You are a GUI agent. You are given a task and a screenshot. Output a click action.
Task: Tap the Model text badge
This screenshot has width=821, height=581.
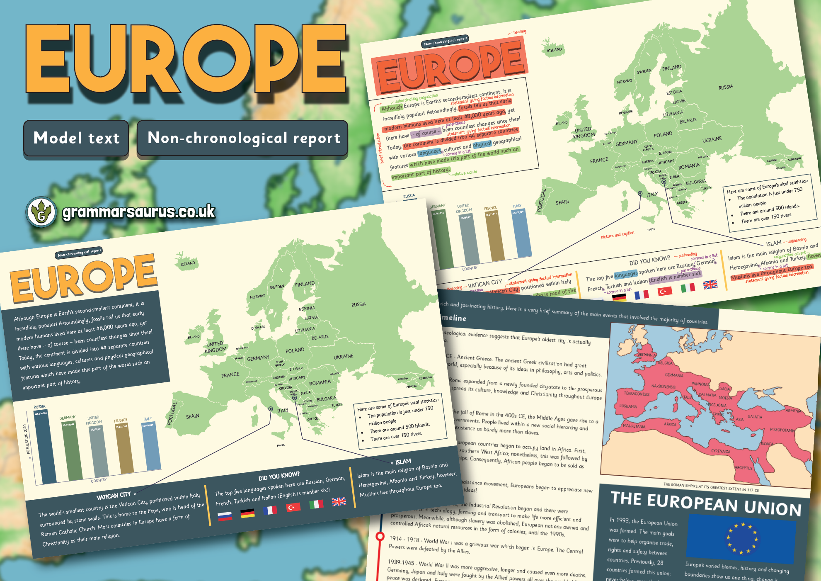[76, 138]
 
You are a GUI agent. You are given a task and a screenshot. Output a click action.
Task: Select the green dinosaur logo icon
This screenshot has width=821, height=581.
[41, 211]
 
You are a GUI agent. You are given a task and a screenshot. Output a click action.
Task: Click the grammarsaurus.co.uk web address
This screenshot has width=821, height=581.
[138, 211]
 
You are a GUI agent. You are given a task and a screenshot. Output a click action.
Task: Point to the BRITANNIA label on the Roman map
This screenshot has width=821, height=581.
[646, 355]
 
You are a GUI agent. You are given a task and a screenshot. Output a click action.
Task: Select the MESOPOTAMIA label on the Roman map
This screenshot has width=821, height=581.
[782, 430]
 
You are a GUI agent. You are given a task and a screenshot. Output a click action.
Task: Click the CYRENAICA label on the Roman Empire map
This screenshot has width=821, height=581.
[721, 451]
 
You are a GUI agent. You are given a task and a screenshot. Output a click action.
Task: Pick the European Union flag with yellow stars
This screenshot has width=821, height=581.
[741, 538]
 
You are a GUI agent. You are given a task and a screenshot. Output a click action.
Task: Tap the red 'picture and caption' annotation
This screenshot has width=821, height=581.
[618, 235]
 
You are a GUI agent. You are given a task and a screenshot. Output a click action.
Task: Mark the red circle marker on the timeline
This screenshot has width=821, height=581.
[380, 536]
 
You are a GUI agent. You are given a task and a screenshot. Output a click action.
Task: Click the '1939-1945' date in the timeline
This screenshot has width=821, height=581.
[401, 562]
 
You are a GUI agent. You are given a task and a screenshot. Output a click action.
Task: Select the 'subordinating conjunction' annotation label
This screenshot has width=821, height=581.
[416, 98]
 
